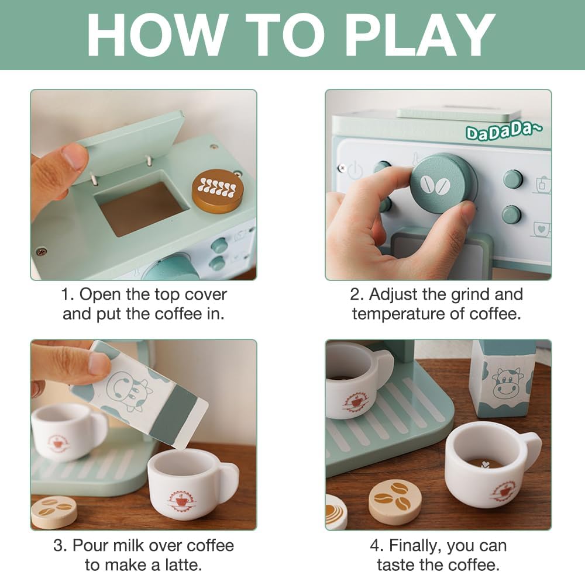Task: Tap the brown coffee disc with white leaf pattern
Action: [218, 191]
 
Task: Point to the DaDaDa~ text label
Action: [504, 131]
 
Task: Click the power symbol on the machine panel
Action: [355, 170]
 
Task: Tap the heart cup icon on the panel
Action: [541, 229]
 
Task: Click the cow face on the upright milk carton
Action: [505, 383]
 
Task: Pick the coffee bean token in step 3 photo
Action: [54, 512]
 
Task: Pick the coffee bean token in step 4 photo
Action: [395, 501]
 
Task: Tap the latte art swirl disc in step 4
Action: [336, 511]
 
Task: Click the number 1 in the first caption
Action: [67, 294]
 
